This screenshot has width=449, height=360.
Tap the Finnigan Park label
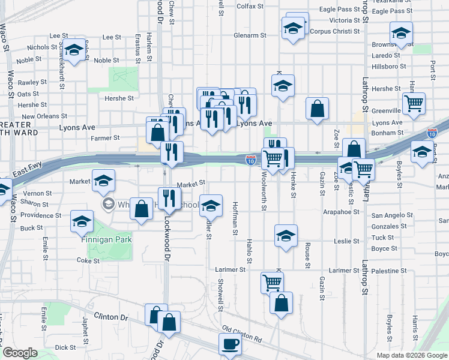pos(106,239)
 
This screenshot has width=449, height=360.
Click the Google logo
pos(20,353)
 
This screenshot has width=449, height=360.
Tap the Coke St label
pos(88,260)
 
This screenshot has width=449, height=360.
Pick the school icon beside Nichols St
pos(74,50)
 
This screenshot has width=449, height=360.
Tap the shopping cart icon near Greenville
pos(414,103)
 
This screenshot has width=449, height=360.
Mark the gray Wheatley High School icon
pos(108,205)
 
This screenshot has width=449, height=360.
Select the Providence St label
pos(41,215)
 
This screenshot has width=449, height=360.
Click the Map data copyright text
pos(412,355)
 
